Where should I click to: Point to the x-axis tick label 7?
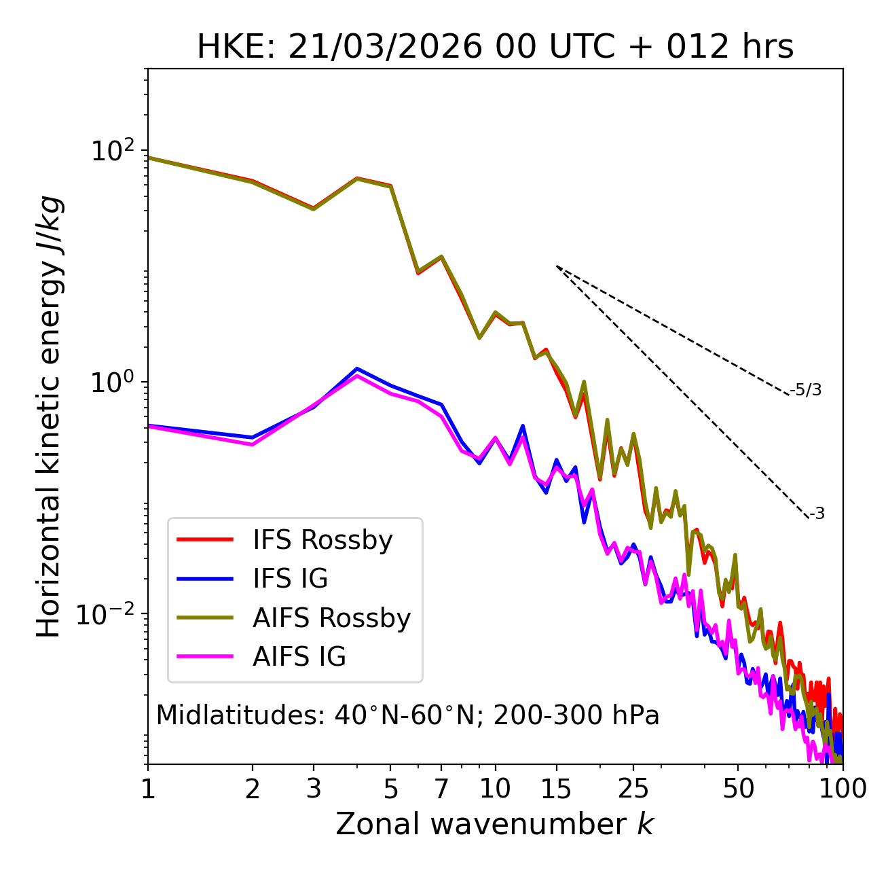click(441, 789)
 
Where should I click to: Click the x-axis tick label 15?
click(556, 789)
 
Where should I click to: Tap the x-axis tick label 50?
click(738, 789)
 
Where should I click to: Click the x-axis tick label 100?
click(842, 789)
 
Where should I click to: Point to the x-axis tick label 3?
click(314, 789)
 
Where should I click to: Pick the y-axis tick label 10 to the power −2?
click(109, 614)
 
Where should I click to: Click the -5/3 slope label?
click(806, 391)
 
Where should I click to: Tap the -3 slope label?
click(817, 514)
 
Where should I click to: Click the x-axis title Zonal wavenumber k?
click(494, 824)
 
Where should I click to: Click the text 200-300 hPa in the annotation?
click(576, 715)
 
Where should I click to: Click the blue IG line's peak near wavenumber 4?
click(356, 369)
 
